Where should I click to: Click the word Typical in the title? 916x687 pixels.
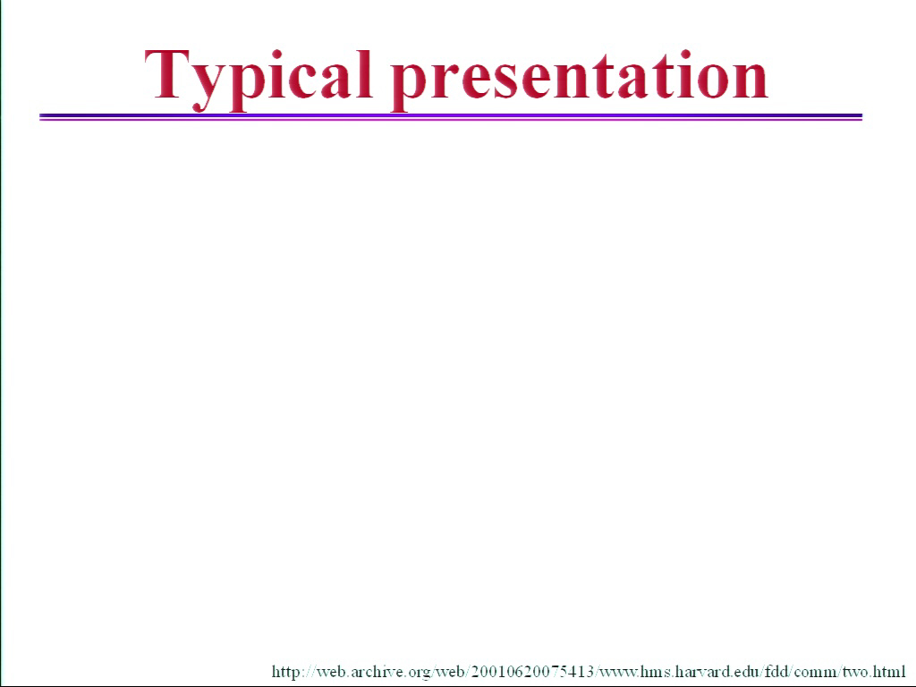click(259, 80)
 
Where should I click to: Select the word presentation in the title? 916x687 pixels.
click(580, 80)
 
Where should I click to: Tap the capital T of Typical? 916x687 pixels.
click(167, 73)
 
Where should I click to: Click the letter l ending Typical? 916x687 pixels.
click(365, 73)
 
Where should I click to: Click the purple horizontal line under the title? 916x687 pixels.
click(451, 117)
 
